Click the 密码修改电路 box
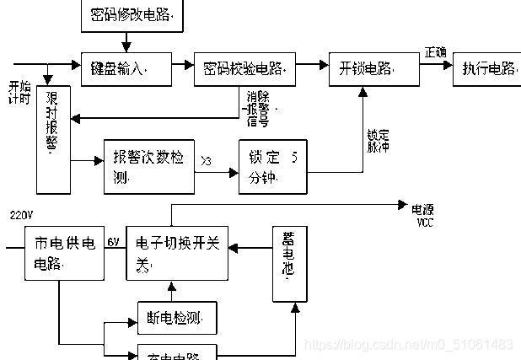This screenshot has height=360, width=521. pyautogui.click(x=130, y=14)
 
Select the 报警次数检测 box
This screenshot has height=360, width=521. pyautogui.click(x=148, y=166)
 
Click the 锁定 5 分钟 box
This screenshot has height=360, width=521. pyautogui.click(x=272, y=166)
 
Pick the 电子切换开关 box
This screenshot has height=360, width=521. pyautogui.click(x=178, y=253)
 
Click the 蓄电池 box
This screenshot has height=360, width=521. pyautogui.click(x=289, y=263)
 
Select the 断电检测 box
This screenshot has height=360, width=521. pyautogui.click(x=176, y=318)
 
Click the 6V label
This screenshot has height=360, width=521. pyautogui.click(x=113, y=242)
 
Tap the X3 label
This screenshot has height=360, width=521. pyautogui.click(x=207, y=159)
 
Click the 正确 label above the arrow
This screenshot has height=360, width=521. pyautogui.click(x=436, y=51)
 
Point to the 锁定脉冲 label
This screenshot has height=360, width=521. pyautogui.click(x=377, y=139)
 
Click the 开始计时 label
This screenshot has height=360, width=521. pyautogui.click(x=19, y=93)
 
